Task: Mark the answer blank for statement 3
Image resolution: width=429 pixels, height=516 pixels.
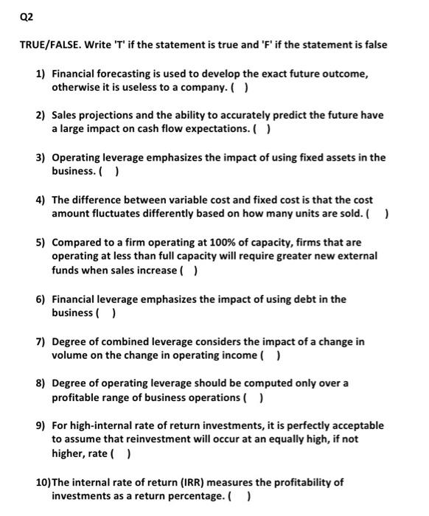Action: tap(113, 172)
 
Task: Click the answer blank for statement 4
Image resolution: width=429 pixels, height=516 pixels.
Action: tap(381, 215)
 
